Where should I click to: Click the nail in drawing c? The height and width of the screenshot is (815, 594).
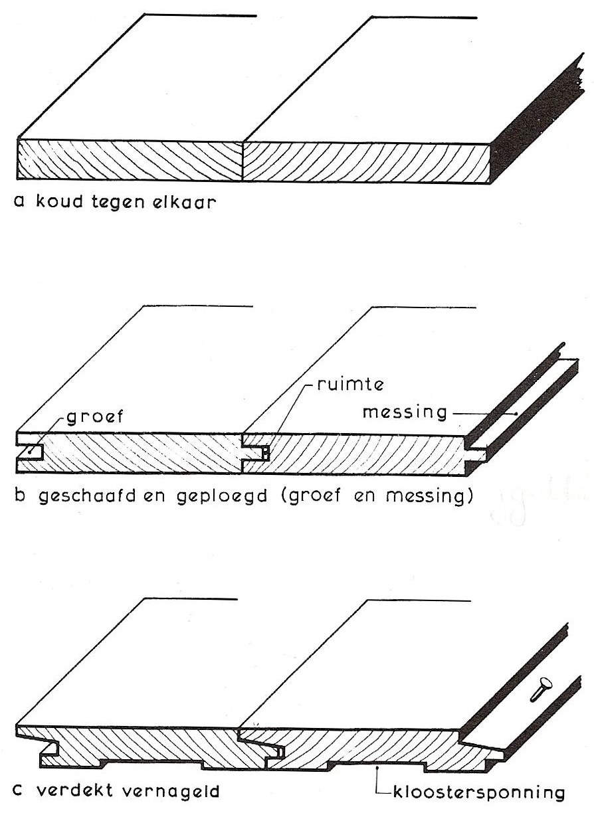pos(539,687)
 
